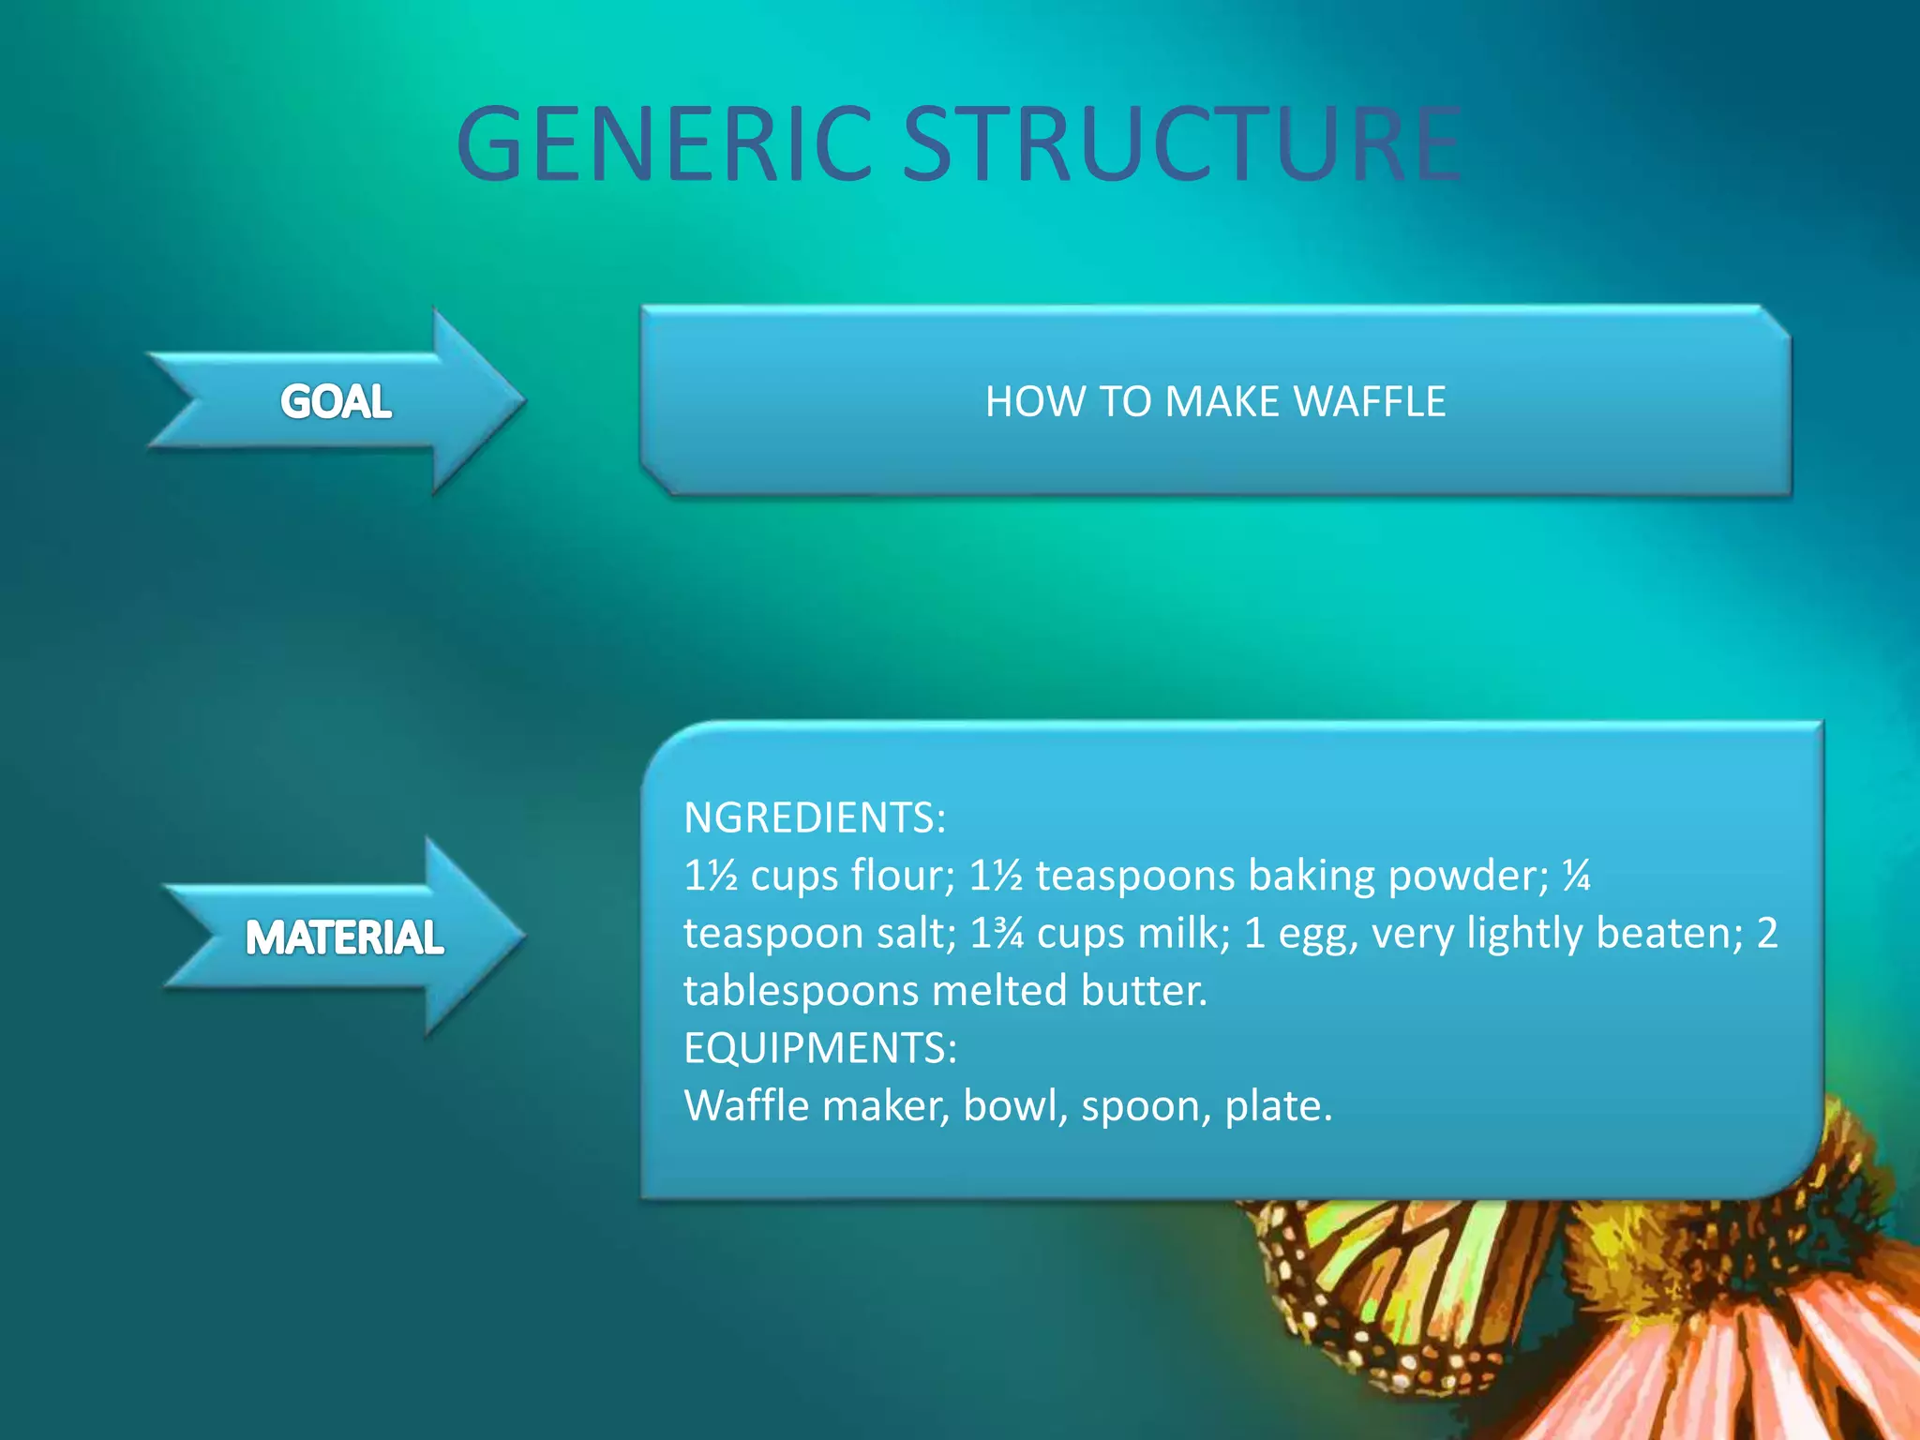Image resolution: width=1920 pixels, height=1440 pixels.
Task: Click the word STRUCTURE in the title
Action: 1181,144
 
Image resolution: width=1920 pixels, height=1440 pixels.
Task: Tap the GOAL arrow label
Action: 336,402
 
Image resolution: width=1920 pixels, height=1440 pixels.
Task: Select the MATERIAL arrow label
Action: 344,937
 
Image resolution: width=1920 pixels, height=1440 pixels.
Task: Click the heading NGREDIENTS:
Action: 815,817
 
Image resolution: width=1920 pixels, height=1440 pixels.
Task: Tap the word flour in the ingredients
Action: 903,876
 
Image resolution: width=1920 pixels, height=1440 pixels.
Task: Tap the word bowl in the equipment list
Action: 1015,1106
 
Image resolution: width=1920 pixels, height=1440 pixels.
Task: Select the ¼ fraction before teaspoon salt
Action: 1577,876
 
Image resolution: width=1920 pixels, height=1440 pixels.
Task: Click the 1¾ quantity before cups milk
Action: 997,934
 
